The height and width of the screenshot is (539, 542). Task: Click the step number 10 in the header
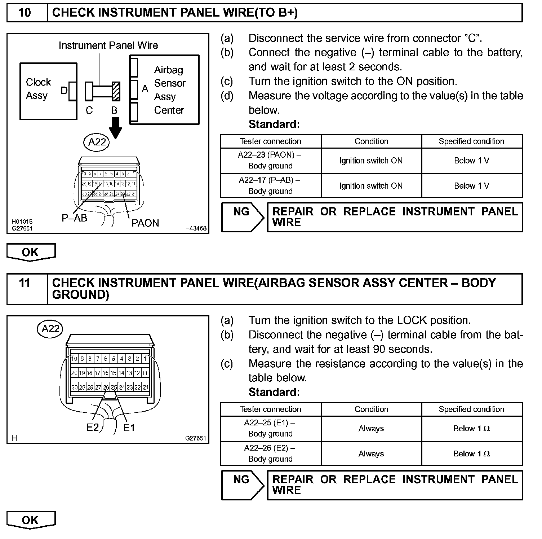click(25, 13)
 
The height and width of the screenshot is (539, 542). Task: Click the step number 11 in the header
click(25, 282)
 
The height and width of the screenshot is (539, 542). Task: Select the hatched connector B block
click(116, 91)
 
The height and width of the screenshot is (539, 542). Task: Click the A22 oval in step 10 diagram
click(97, 142)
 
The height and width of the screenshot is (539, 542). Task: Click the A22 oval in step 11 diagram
click(50, 329)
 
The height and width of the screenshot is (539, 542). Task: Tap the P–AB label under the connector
click(74, 218)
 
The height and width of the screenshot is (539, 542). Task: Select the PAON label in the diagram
click(145, 223)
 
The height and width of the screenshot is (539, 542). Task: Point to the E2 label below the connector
click(93, 428)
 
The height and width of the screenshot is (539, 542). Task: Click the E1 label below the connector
click(129, 428)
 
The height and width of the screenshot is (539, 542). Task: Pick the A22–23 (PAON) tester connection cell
click(270, 161)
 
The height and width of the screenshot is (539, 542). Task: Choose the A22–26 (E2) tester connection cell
click(270, 453)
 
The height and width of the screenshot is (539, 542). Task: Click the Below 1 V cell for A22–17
click(472, 186)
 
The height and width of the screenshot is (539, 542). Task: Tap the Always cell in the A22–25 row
click(371, 429)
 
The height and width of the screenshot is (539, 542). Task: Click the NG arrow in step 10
click(242, 217)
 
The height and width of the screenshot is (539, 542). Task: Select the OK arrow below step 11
click(31, 520)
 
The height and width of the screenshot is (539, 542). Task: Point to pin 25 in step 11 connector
click(114, 387)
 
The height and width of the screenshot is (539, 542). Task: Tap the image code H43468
click(196, 228)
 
